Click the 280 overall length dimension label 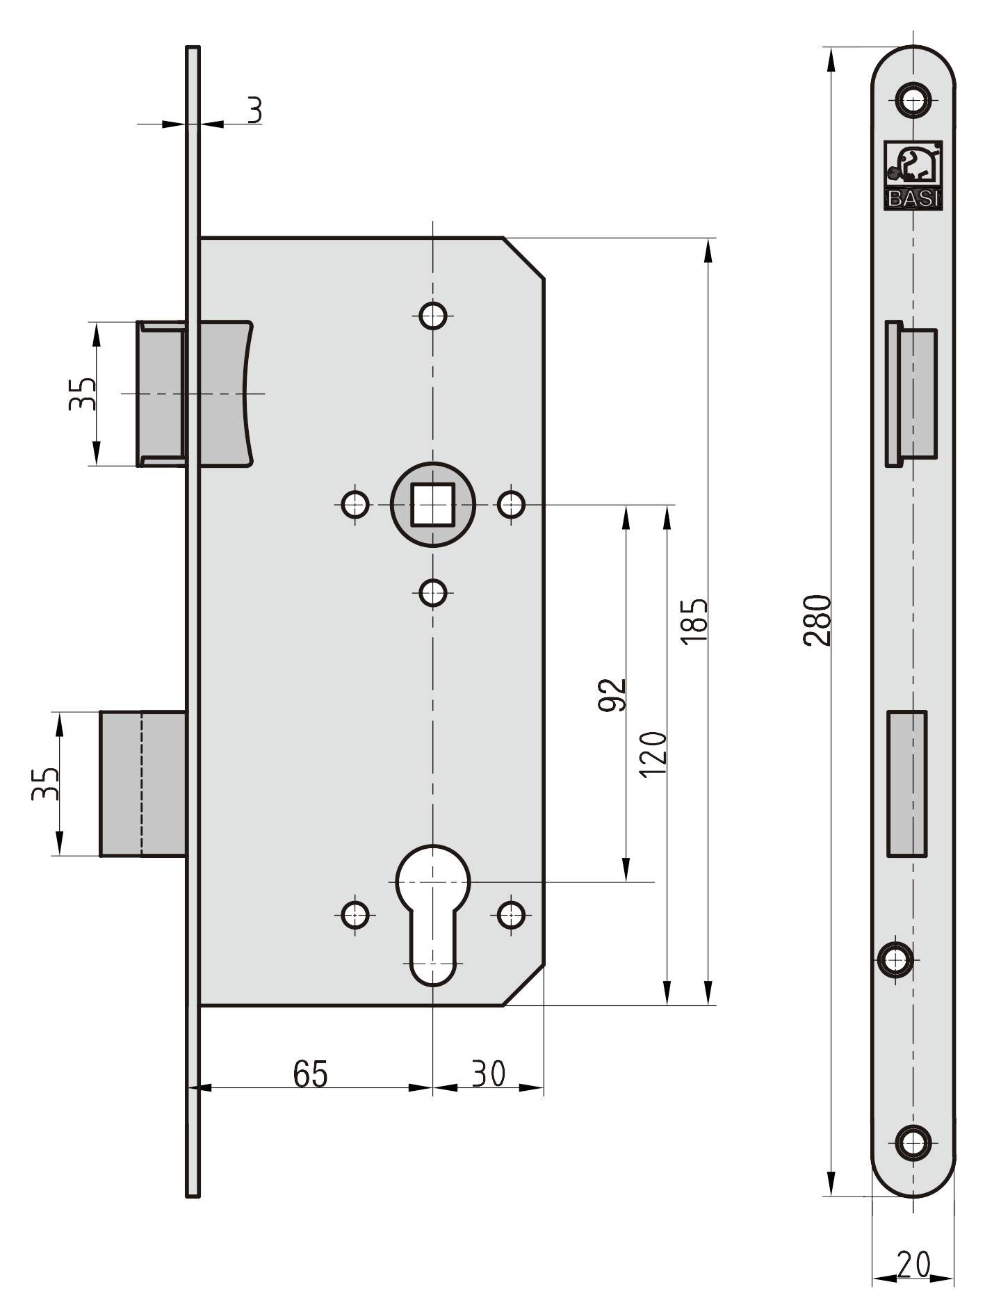817,619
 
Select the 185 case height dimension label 694,619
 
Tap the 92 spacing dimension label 612,695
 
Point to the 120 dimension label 653,754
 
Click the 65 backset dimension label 310,1073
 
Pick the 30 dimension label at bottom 489,1073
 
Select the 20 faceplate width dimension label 913,1264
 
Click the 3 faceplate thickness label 255,110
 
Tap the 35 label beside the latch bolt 82,394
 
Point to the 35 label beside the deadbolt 45,784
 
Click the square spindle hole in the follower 432,504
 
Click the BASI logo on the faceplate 913,175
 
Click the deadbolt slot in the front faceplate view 907,784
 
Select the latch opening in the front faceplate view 911,394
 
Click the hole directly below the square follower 432,593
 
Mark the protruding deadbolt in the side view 143,784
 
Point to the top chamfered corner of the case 523,258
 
